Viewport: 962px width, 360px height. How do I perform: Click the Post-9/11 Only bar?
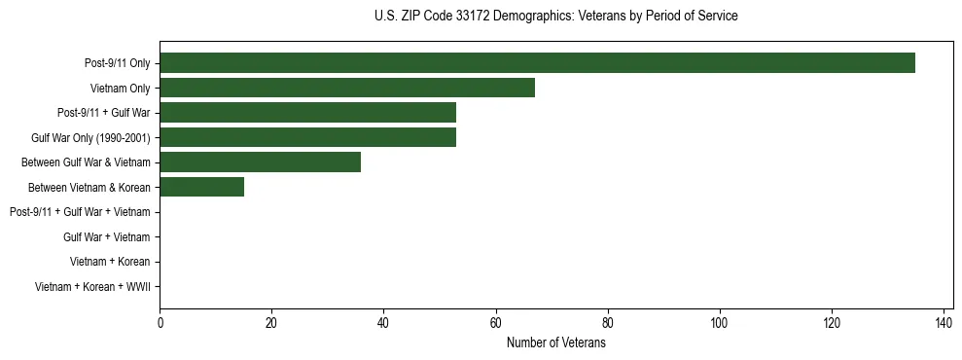[x=537, y=63]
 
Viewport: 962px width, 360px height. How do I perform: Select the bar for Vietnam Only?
[x=347, y=88]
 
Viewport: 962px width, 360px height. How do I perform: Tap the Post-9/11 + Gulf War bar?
[x=307, y=113]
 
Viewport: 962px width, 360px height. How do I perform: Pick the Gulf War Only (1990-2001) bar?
[x=307, y=137]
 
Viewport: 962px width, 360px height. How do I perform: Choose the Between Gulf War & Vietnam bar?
[x=260, y=162]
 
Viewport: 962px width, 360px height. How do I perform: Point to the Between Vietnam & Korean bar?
[x=201, y=187]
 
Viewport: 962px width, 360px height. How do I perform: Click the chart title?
[x=555, y=17]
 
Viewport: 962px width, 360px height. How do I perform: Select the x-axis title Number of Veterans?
[x=555, y=343]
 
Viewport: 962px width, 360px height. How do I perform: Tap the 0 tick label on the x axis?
[x=160, y=324]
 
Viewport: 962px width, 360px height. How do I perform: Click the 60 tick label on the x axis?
[x=496, y=324]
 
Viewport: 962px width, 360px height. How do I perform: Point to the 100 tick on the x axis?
[x=720, y=324]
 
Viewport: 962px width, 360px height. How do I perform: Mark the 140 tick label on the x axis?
[x=944, y=324]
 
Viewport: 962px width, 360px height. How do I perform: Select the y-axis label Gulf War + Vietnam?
[x=106, y=237]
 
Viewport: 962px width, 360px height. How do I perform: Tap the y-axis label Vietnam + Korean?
[x=110, y=262]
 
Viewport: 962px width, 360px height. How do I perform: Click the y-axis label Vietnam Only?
[x=120, y=89]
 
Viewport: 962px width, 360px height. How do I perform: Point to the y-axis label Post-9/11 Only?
[x=117, y=63]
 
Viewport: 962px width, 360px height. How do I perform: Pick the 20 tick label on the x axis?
[x=271, y=324]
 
